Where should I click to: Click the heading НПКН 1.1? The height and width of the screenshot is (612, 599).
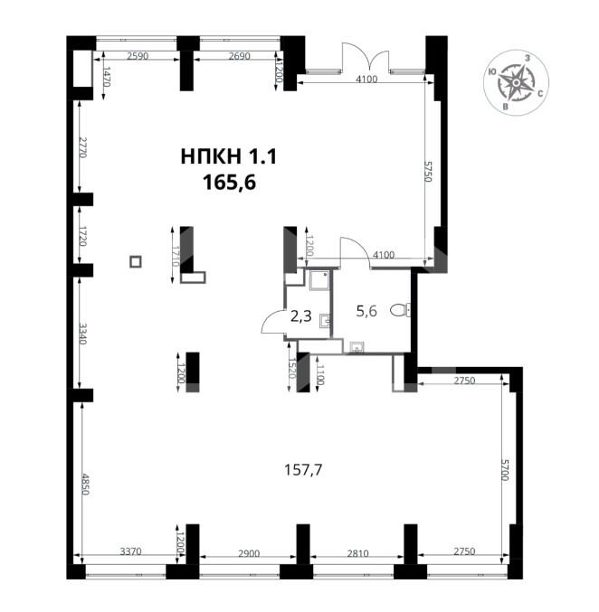(229, 157)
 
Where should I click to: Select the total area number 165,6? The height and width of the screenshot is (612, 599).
(229, 183)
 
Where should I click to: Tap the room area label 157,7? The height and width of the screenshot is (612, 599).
(303, 470)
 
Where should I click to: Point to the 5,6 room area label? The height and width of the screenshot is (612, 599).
(366, 311)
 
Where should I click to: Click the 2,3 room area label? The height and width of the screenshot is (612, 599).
(301, 315)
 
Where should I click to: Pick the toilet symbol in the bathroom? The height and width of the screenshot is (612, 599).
(401, 310)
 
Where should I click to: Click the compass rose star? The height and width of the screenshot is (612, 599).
(516, 82)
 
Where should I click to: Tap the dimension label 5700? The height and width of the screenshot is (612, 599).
(504, 470)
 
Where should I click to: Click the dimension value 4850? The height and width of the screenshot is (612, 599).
(85, 485)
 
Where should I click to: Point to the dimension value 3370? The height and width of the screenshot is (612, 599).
(130, 551)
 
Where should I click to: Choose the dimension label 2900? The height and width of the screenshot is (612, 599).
(249, 553)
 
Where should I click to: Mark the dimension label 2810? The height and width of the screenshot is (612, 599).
(357, 553)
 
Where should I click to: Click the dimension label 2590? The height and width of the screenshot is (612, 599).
(138, 56)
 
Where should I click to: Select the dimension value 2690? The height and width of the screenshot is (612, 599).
(239, 56)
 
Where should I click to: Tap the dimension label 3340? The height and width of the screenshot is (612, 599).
(82, 333)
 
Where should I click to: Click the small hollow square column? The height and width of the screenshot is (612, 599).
(136, 261)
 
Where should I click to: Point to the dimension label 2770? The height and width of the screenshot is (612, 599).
(82, 147)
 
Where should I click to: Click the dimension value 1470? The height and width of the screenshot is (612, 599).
(107, 77)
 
